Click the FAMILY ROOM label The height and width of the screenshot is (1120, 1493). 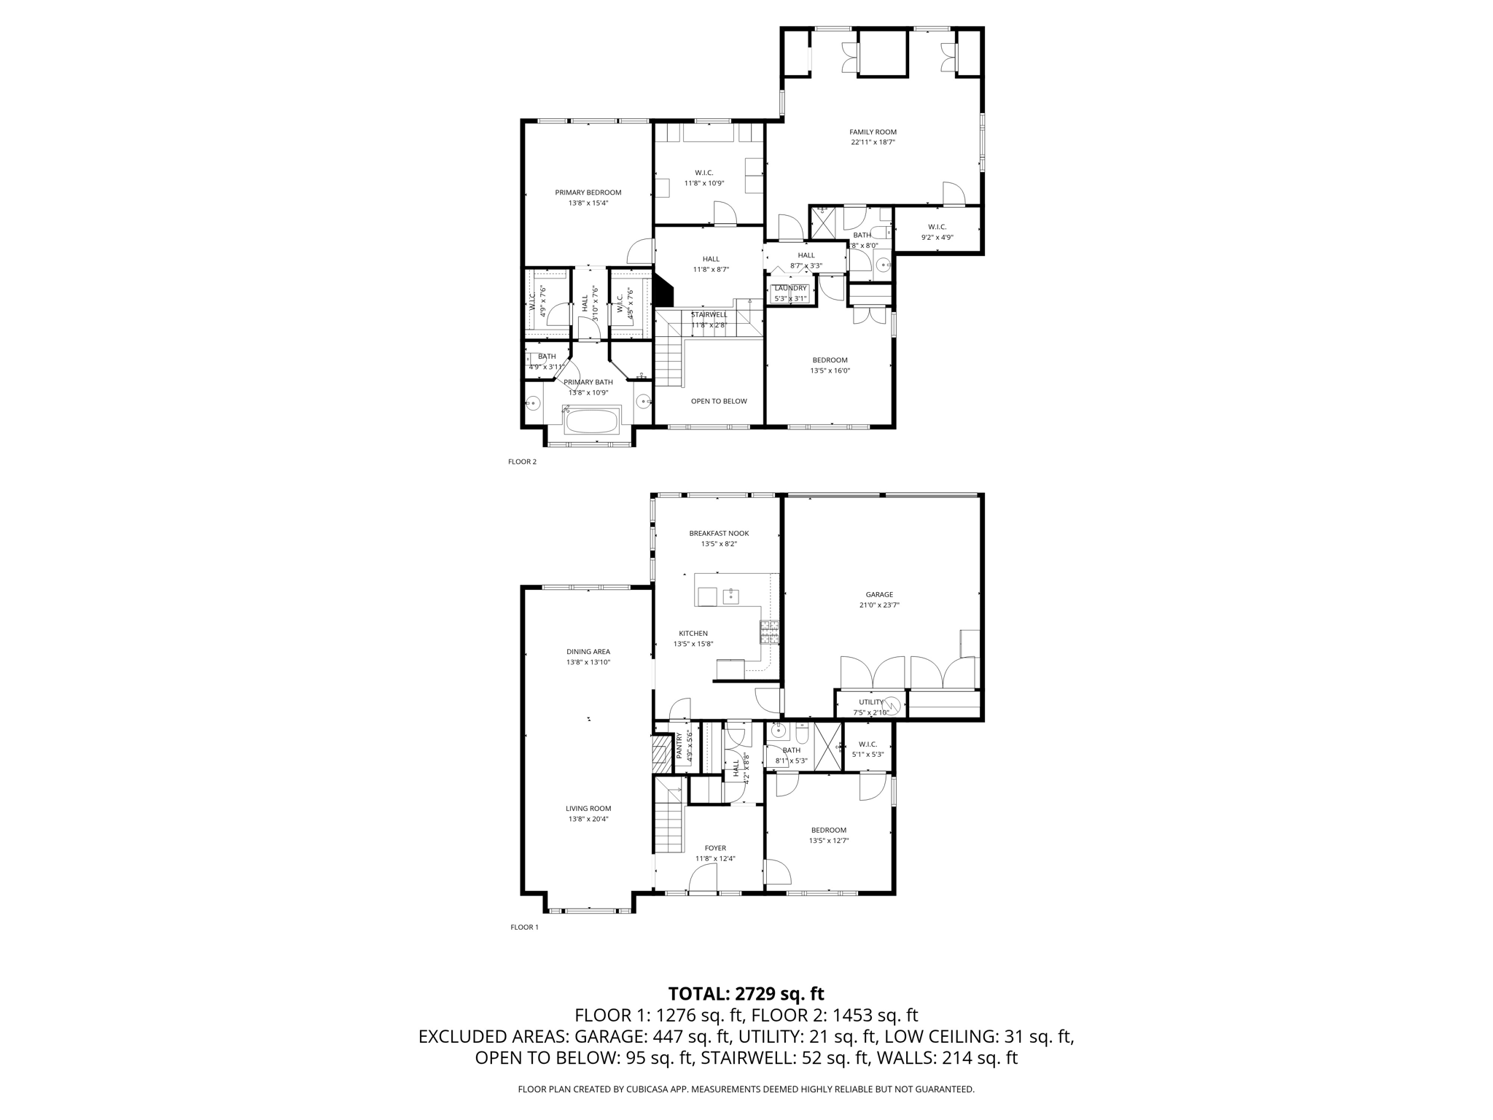coord(873,132)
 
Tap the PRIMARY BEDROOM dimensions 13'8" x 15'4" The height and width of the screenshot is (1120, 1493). coord(588,203)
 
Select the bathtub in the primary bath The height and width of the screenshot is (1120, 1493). coord(592,421)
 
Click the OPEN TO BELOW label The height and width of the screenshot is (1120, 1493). coord(719,401)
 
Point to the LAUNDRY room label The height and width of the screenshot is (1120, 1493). coord(790,288)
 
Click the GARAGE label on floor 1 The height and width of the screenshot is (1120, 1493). coord(879,594)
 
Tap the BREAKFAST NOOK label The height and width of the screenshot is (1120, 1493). coord(719,533)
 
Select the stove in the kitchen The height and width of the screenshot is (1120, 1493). coord(769,632)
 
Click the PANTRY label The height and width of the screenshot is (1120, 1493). coord(679,747)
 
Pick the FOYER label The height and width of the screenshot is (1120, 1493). coord(715,848)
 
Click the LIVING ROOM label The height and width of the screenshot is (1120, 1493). coord(588,808)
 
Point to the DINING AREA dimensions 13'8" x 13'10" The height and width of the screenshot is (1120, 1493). coord(588,662)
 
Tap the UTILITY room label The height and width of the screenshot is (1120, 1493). coord(870,702)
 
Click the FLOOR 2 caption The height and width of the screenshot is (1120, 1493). coord(522,462)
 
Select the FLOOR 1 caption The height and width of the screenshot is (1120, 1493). coord(524,927)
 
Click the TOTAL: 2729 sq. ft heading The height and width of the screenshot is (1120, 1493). coord(746,993)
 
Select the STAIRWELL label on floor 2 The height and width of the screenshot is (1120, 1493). coord(709,314)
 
